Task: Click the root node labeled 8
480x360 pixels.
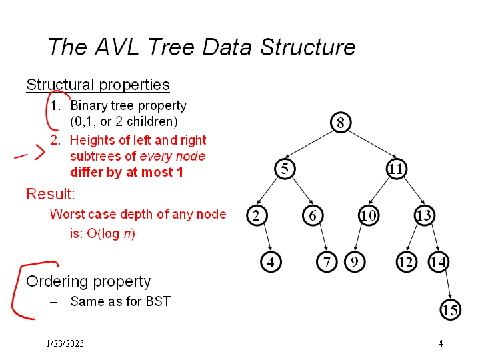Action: pos(341,123)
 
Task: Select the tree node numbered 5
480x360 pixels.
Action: pos(285,169)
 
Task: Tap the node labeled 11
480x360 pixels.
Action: pos(396,169)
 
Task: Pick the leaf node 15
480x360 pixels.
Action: pos(450,310)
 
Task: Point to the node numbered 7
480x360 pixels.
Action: pos(327,262)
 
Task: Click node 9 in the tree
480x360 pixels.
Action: pos(355,262)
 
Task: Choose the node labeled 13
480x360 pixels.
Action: pos(424,215)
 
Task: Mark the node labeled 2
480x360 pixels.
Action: pos(257,215)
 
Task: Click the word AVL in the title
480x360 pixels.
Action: pos(117,47)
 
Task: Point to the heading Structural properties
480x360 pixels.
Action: pos(98,85)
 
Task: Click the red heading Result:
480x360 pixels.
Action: pos(51,194)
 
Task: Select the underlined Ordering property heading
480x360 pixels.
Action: pos(89,281)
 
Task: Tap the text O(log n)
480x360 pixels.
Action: pos(111,233)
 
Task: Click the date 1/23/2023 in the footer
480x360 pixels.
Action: pos(65,343)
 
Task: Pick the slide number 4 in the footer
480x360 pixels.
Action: pos(441,343)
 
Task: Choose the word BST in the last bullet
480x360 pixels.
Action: pos(158,301)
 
